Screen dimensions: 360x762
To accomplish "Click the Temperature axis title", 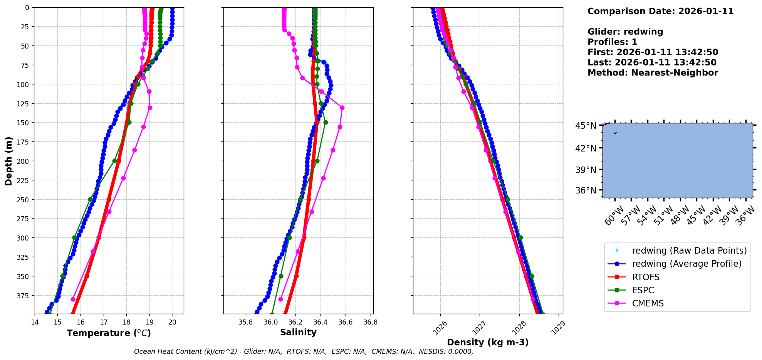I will (109, 333).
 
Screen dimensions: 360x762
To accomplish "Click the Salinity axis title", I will (298, 332).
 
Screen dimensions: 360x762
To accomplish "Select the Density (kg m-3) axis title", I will (488, 342).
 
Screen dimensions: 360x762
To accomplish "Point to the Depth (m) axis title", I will (8, 161).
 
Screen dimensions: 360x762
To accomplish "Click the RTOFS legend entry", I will (646, 277).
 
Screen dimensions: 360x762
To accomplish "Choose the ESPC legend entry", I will (643, 290).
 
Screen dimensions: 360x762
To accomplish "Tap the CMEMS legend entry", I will (648, 303).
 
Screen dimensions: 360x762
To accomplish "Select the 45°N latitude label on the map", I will (586, 126).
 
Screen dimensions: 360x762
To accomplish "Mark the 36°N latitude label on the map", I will (586, 190).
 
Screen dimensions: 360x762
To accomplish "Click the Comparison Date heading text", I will (660, 11).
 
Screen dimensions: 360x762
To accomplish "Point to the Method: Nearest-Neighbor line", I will (653, 73).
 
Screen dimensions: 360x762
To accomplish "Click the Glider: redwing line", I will (625, 32).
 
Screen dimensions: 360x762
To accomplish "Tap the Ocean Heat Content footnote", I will (304, 352).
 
